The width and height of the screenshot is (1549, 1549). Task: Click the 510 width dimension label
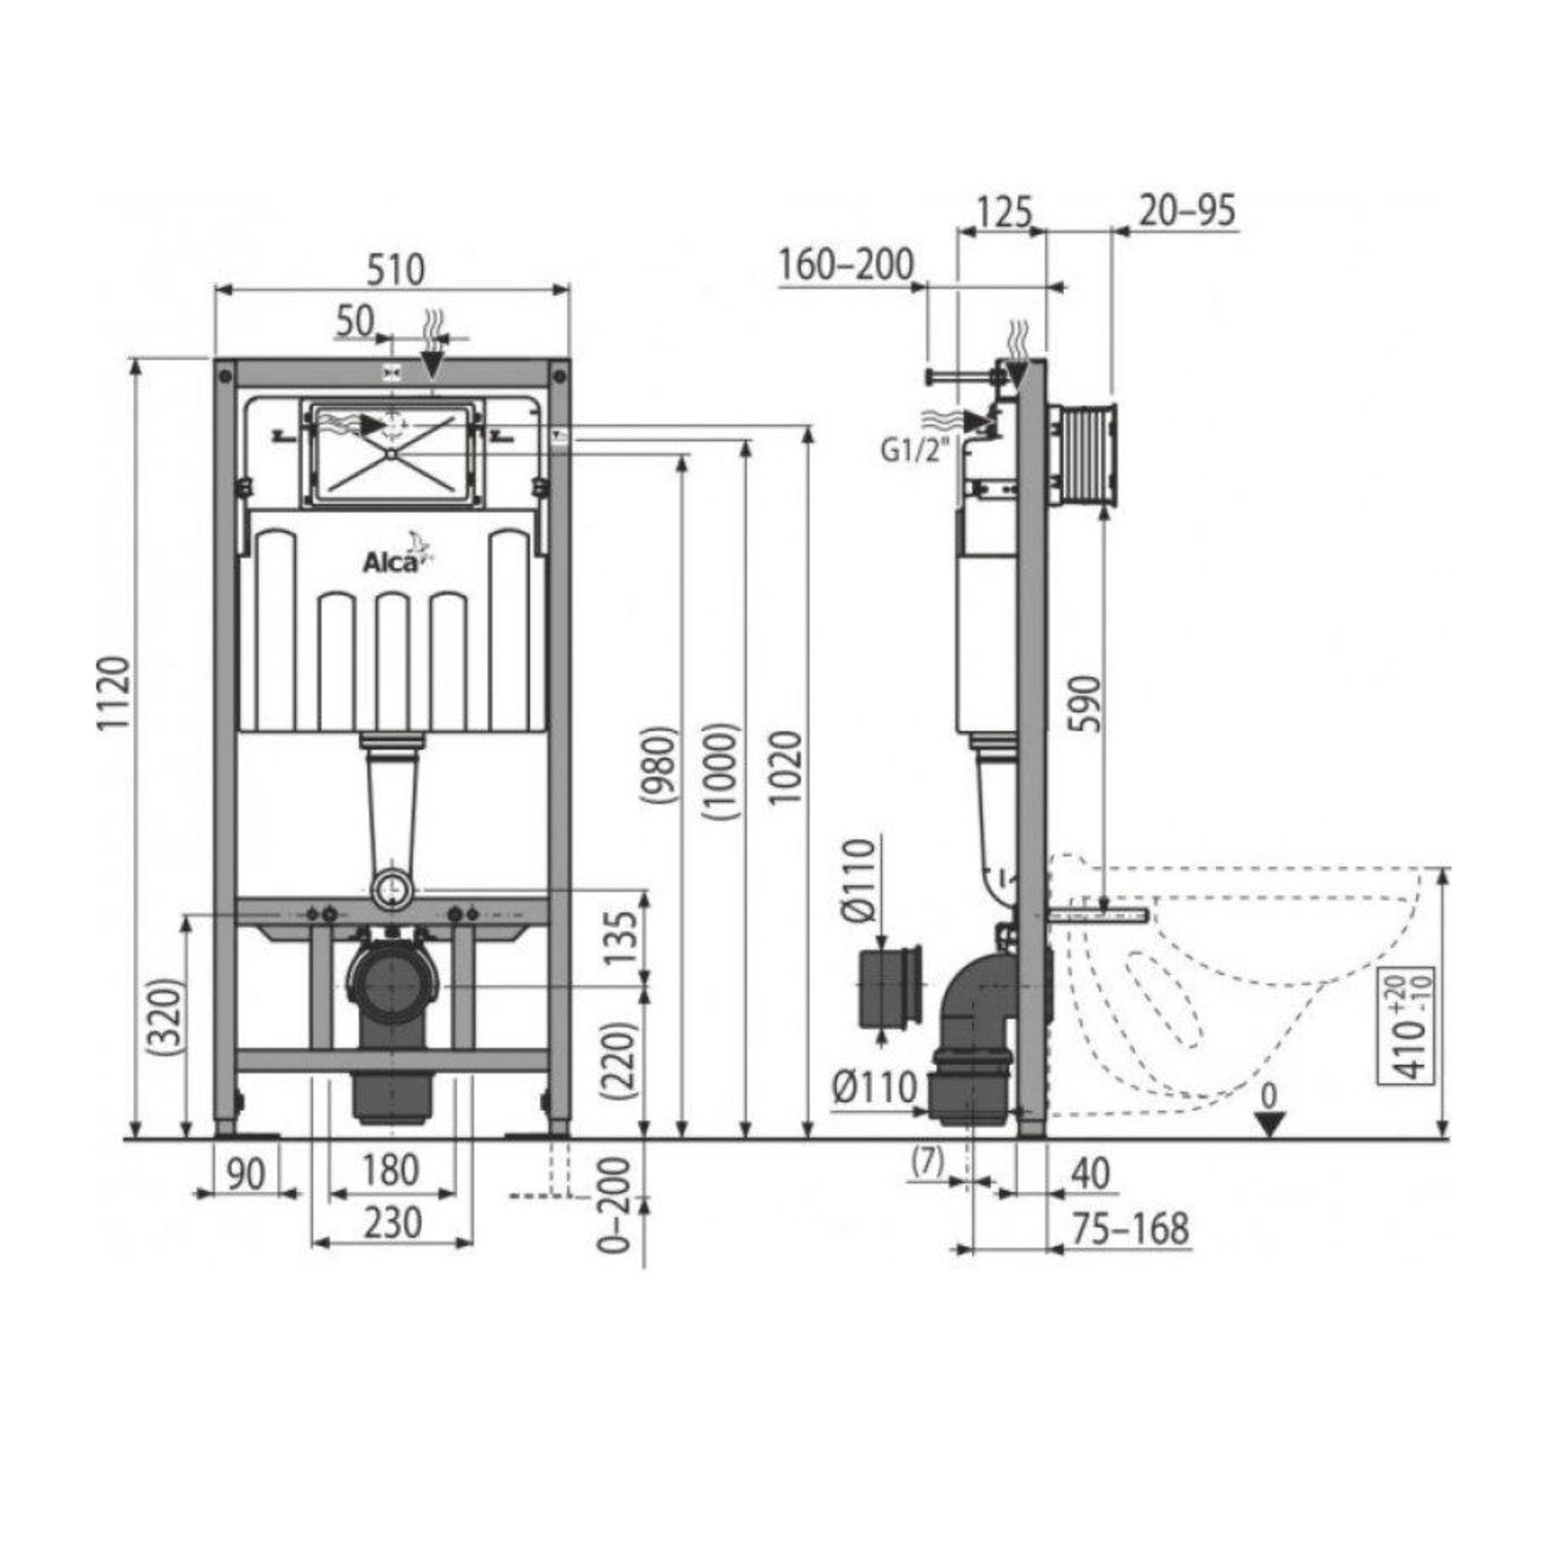coord(395,271)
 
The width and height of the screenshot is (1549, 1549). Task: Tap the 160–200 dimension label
coord(847,265)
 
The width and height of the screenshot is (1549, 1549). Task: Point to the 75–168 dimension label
coord(1131,1228)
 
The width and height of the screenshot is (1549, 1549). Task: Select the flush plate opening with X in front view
coord(390,453)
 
